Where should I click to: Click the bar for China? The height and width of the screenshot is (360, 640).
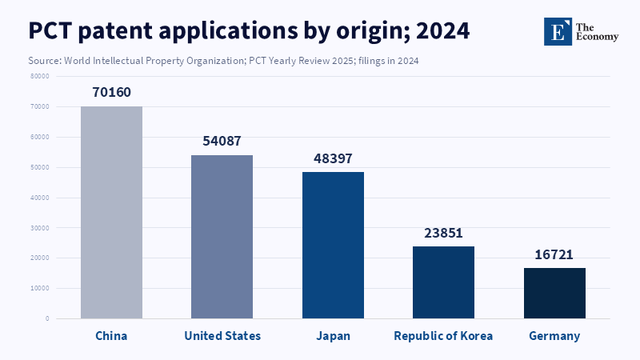pyautogui.click(x=111, y=212)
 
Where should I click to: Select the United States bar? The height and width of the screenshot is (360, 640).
pyautogui.click(x=222, y=237)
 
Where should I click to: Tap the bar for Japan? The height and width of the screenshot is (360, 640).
pyautogui.click(x=333, y=245)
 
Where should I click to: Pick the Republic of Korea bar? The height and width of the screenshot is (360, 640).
pyautogui.click(x=443, y=282)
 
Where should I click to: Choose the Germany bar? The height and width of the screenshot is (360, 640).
pyautogui.click(x=554, y=293)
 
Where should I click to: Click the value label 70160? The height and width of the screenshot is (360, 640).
pyautogui.click(x=111, y=92)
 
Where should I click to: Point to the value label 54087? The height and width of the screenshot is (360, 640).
pyautogui.click(x=222, y=141)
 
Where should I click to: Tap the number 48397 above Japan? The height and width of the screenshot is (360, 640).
pyautogui.click(x=333, y=158)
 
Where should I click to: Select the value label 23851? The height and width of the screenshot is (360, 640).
pyautogui.click(x=443, y=233)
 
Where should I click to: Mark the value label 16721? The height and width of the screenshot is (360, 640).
pyautogui.click(x=554, y=254)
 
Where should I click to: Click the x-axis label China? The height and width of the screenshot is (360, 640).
pyautogui.click(x=111, y=336)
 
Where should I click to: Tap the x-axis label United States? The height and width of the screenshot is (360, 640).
pyautogui.click(x=222, y=336)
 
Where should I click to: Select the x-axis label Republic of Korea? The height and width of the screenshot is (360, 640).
pyautogui.click(x=443, y=336)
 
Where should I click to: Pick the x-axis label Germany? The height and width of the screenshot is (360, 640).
pyautogui.click(x=554, y=336)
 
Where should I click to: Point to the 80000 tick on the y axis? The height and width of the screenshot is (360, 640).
pyautogui.click(x=39, y=76)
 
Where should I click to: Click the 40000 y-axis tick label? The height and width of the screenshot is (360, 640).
pyautogui.click(x=39, y=198)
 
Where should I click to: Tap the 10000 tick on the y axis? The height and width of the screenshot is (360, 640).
pyautogui.click(x=39, y=288)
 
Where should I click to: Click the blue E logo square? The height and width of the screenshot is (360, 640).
pyautogui.click(x=557, y=30)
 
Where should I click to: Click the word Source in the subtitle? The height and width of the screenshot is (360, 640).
pyautogui.click(x=45, y=61)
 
